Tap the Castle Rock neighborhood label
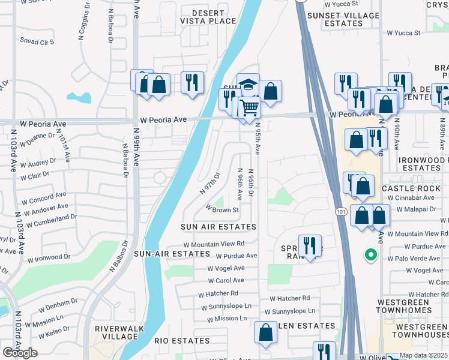click(411, 188)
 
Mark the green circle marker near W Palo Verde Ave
click(371, 256)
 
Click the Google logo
click(20, 352)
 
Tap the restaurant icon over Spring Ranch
click(310, 245)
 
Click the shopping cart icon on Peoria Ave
click(249, 108)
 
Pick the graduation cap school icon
click(247, 83)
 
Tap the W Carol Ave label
click(226, 280)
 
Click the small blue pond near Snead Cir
click(79, 97)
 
